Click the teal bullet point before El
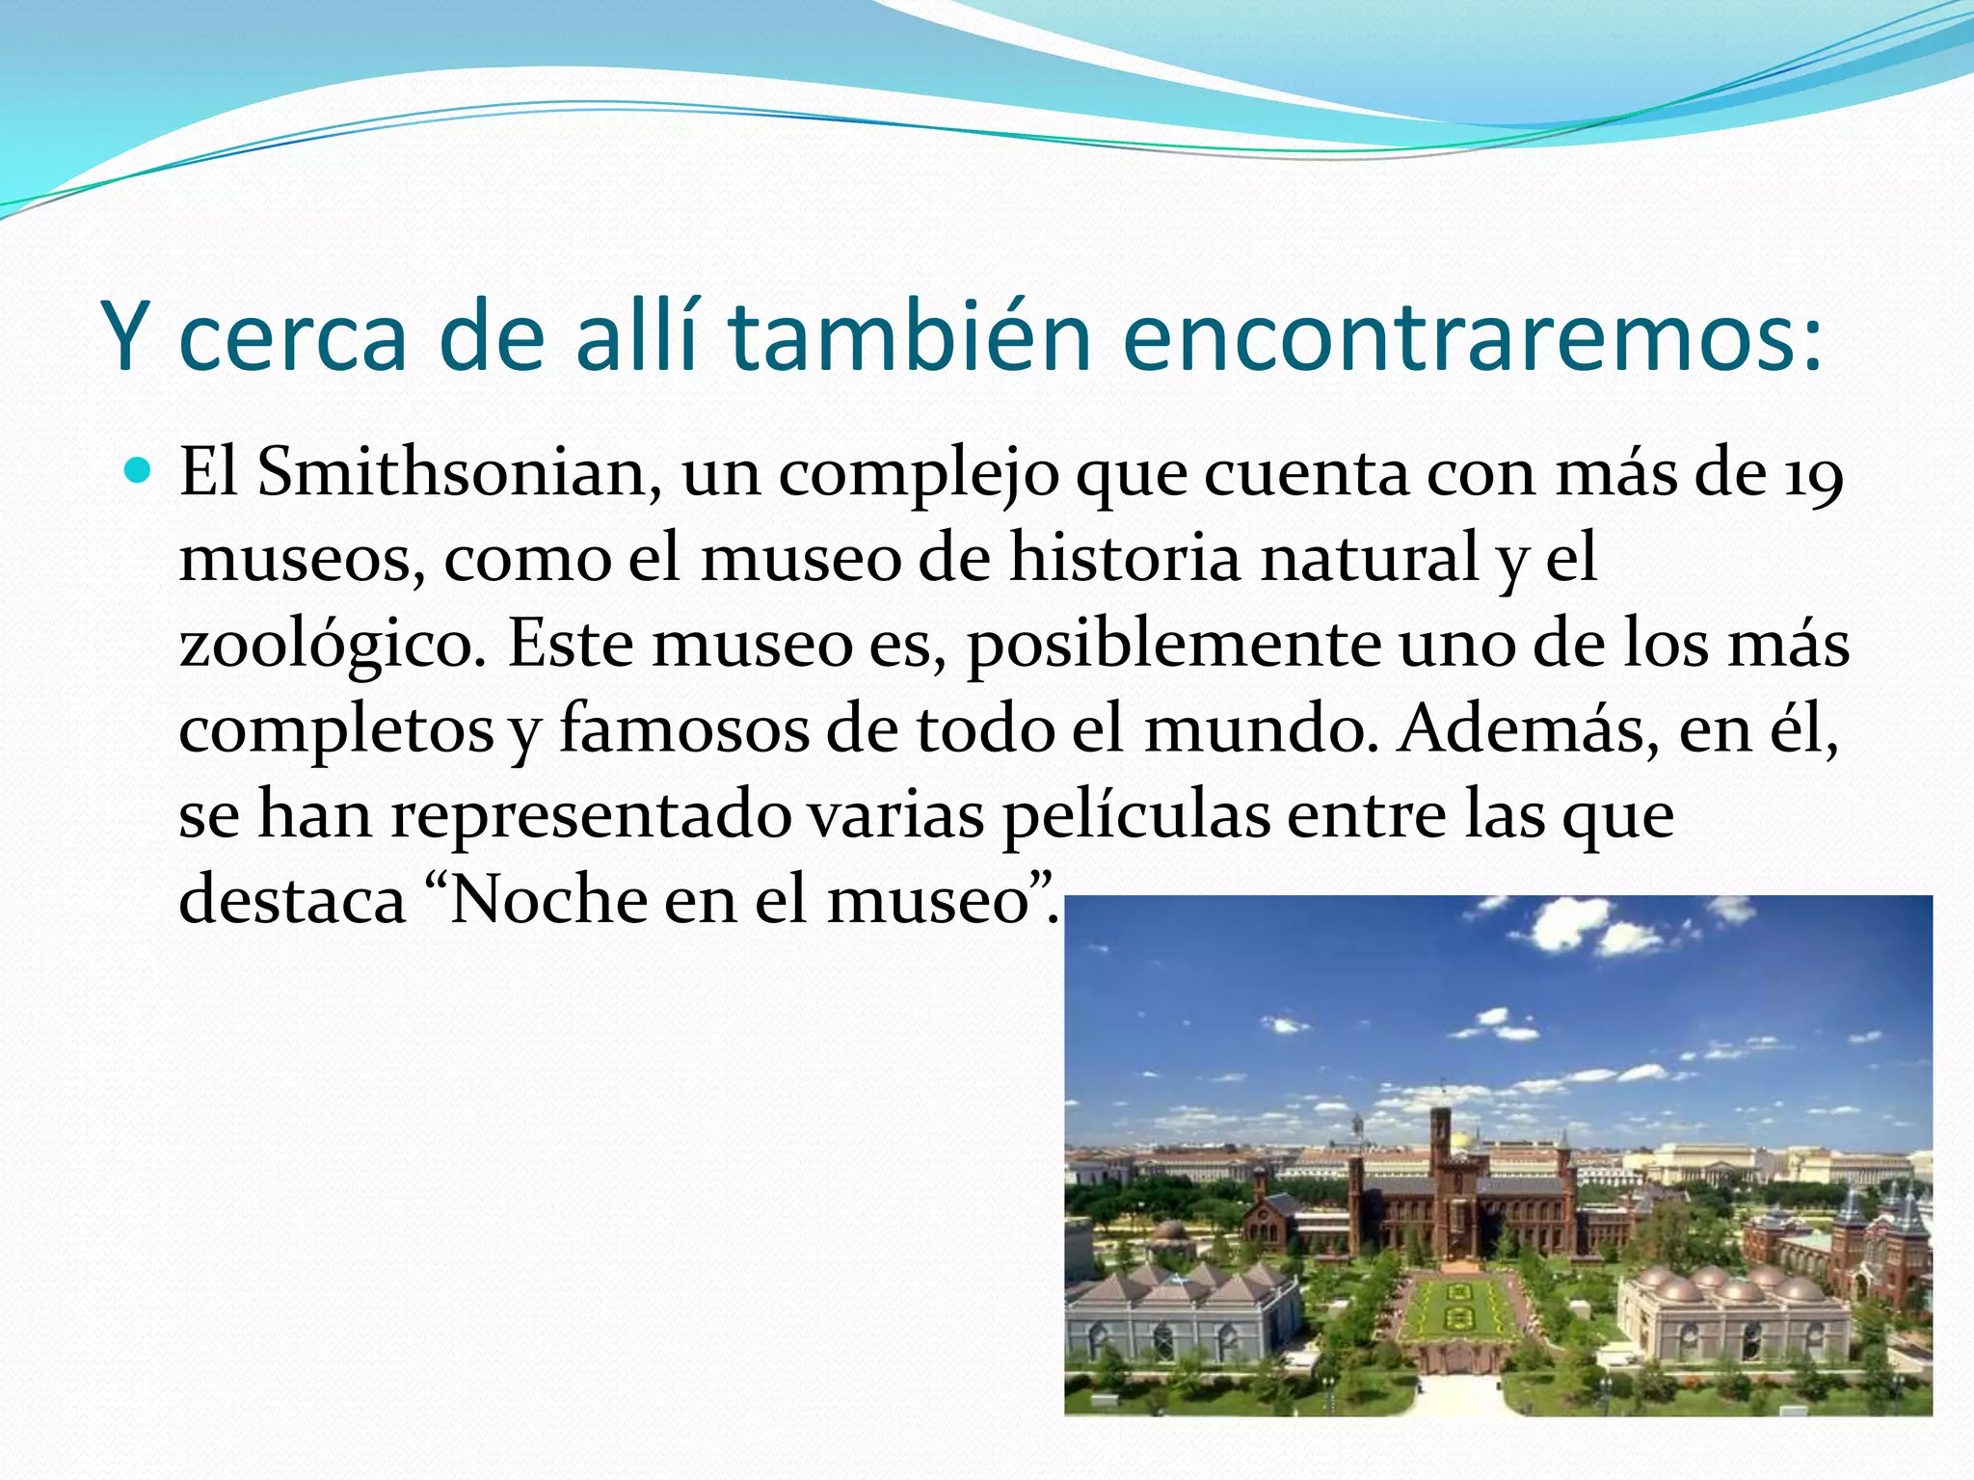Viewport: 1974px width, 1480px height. pos(139,471)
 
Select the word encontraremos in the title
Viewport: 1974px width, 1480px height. pos(1472,336)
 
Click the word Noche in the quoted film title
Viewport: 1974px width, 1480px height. pos(549,900)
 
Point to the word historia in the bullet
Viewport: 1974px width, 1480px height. pos(1125,559)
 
